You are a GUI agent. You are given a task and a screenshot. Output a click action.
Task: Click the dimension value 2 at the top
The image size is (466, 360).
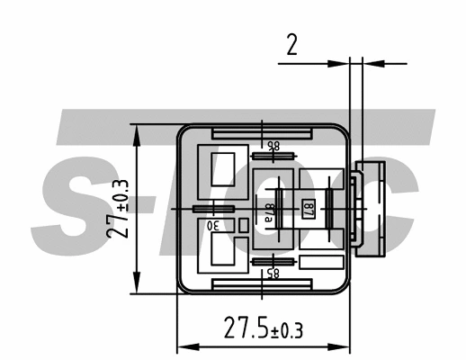(x=291, y=46)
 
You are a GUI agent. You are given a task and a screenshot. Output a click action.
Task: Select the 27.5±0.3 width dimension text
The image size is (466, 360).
(x=263, y=329)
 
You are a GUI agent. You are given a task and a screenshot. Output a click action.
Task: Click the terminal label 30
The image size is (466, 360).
(x=214, y=224)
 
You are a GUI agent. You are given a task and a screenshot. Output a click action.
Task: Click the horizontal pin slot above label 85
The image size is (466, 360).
(x=273, y=261)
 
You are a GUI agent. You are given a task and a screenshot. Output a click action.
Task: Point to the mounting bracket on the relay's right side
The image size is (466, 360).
(x=371, y=209)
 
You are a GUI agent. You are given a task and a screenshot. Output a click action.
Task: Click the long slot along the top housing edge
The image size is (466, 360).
(x=262, y=132)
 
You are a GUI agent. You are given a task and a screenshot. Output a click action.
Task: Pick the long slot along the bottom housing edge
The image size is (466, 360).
(x=262, y=284)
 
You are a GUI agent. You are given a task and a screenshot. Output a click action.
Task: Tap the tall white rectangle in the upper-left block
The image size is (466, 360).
(x=222, y=168)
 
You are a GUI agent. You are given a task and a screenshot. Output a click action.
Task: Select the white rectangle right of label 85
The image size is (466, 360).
(x=322, y=263)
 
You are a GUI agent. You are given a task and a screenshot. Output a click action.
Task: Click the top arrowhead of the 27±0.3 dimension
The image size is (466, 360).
(x=136, y=130)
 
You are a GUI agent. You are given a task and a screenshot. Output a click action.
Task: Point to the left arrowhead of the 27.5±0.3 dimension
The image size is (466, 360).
(x=182, y=346)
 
